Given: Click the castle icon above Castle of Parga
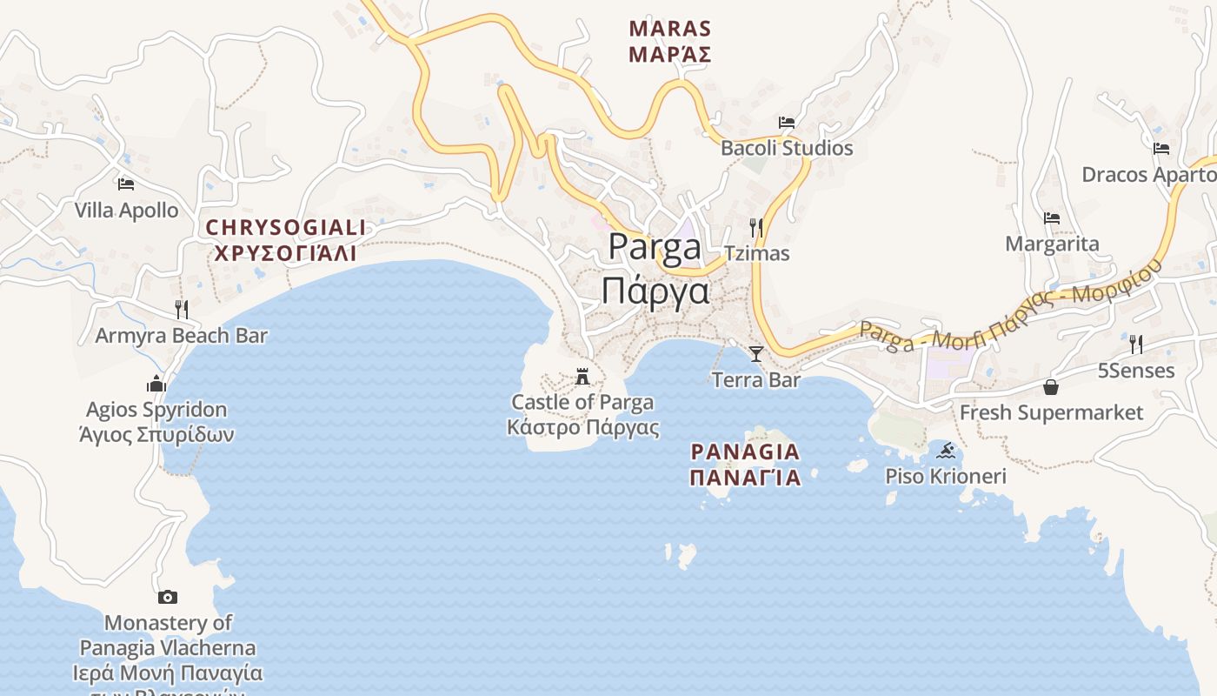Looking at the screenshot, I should click(582, 377).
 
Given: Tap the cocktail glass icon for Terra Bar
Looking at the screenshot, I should click(756, 353).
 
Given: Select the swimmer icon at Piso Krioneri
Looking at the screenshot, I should click(946, 451).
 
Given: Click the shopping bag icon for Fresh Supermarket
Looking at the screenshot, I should click(1051, 387).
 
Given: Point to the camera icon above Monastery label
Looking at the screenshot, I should click(168, 597).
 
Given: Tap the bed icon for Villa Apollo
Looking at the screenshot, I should click(126, 184).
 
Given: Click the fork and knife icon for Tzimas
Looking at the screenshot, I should click(756, 228).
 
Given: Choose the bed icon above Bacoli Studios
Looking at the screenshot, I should click(787, 123).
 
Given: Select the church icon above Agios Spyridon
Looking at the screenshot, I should click(156, 384).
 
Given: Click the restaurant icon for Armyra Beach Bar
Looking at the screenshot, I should click(181, 309).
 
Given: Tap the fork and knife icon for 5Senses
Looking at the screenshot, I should click(1135, 345).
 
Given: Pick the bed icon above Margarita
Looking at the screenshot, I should click(1052, 218).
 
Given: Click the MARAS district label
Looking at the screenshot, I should click(669, 41).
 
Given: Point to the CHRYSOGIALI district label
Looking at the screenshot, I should click(285, 240).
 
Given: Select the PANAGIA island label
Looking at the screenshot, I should click(745, 464).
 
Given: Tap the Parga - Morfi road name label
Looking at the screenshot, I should click(1008, 310).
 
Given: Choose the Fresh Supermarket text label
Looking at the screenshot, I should click(1051, 412).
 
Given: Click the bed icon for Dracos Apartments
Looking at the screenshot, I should click(1160, 149).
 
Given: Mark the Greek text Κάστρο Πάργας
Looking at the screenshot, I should click(582, 428).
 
